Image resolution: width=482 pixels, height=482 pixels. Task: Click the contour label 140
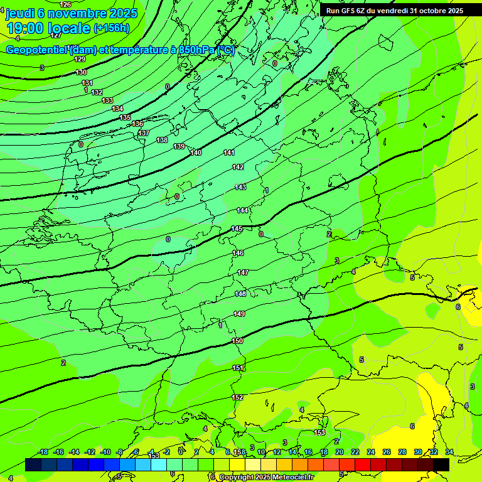196,153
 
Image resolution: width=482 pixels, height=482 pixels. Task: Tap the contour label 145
237,229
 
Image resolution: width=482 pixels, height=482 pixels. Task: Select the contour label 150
237,341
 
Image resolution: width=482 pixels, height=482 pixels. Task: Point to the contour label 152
237,397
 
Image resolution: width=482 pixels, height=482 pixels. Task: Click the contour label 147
243,272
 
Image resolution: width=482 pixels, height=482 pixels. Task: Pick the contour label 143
240,187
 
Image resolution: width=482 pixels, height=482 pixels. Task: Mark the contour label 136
138,124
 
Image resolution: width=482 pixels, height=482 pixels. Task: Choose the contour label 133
108,100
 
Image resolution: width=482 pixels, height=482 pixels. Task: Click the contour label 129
80,59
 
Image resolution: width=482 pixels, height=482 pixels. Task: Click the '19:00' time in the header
26,28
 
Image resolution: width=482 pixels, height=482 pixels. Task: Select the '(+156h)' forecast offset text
111,28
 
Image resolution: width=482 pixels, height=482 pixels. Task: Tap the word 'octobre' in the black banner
431,11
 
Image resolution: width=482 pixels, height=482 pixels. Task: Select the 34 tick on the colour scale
449,452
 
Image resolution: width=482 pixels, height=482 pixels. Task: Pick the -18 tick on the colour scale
43,452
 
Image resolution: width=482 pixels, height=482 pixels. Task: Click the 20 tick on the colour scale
340,452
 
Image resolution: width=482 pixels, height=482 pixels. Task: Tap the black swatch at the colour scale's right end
441,464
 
